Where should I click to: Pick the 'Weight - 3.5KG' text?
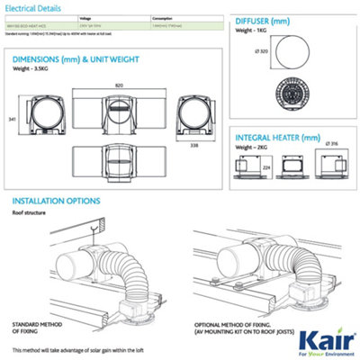coord(31,74)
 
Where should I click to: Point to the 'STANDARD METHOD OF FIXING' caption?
coord(32,324)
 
